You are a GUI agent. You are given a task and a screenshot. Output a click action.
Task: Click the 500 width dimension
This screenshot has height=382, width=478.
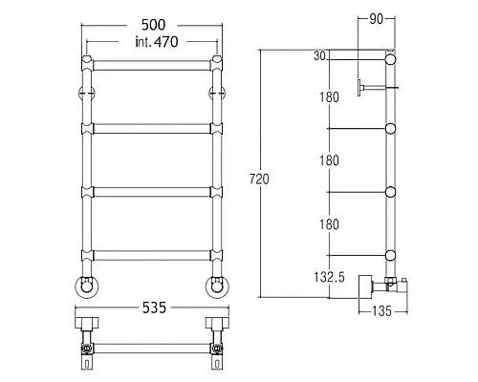click(x=153, y=25)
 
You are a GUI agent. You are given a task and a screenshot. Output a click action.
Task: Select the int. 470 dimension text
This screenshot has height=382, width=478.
click(x=157, y=42)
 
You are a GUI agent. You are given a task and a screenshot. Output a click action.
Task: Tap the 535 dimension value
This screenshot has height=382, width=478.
click(x=154, y=308)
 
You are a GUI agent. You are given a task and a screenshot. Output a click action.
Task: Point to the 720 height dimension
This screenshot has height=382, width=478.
click(x=259, y=179)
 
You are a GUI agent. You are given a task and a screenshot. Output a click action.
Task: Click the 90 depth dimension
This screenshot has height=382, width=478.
click(x=376, y=19)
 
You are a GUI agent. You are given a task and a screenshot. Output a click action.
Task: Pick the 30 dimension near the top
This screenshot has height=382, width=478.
click(x=319, y=56)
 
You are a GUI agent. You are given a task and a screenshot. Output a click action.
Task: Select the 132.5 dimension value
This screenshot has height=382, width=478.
click(x=329, y=277)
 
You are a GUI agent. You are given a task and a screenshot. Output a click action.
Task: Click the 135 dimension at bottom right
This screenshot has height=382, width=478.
click(x=381, y=310)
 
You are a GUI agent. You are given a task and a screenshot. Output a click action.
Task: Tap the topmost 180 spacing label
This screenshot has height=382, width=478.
click(x=329, y=97)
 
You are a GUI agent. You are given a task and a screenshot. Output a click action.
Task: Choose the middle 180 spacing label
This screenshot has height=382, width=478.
click(x=329, y=160)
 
